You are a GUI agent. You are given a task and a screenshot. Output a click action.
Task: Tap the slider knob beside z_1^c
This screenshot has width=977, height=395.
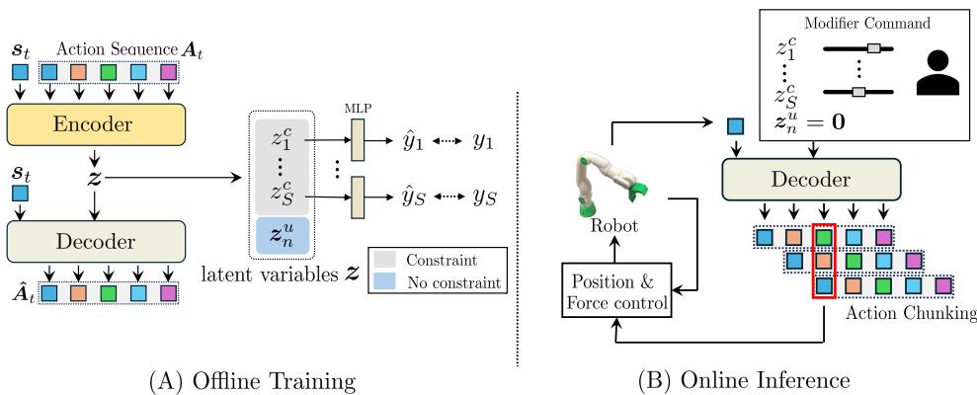pos(873,47)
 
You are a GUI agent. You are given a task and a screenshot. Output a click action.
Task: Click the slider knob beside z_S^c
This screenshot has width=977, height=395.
pos(858,92)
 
